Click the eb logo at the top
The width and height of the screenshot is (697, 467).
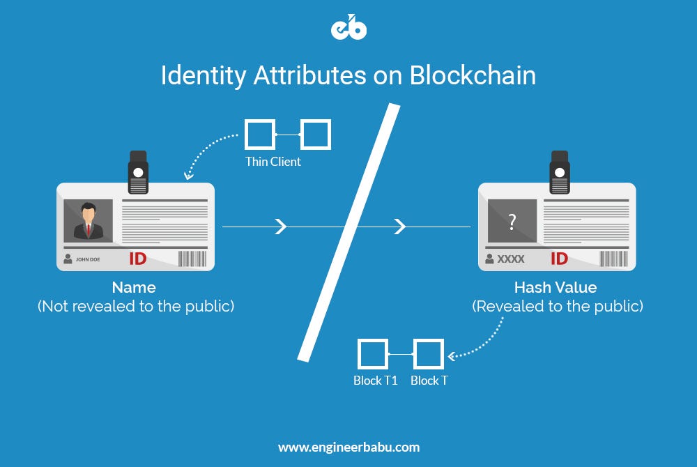(349, 27)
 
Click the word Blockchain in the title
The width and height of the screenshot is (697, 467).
(473, 75)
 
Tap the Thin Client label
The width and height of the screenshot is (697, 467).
(273, 162)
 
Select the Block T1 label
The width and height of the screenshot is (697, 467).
(375, 381)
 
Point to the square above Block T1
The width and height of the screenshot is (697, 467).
(372, 354)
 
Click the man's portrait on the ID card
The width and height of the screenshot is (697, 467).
(88, 221)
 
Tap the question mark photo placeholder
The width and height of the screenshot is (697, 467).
(512, 221)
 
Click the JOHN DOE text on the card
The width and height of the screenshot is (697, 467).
(88, 259)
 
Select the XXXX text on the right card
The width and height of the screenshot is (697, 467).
(511, 259)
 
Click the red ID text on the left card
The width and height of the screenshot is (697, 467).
(138, 259)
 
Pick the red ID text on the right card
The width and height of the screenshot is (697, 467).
(559, 259)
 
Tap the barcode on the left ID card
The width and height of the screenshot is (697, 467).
(192, 259)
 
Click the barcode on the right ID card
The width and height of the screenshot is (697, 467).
(614, 259)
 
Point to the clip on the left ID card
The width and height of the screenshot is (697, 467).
(138, 172)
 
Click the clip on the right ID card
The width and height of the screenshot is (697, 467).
(560, 172)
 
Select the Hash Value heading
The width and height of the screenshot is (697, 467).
(556, 287)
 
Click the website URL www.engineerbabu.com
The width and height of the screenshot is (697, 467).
(349, 447)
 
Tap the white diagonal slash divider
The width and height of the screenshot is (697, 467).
(349, 232)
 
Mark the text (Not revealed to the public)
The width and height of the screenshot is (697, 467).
(136, 306)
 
